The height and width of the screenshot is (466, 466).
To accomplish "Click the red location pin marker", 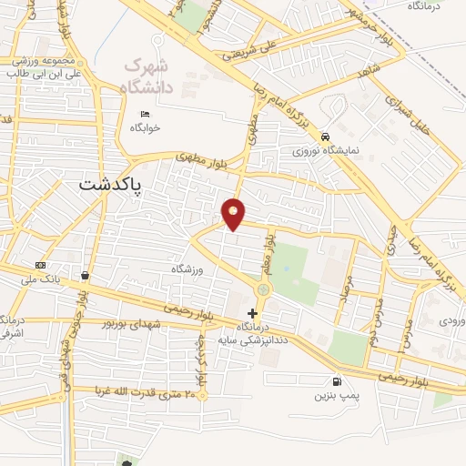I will point(234,214).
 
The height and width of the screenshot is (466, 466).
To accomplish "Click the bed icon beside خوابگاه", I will point(147,113).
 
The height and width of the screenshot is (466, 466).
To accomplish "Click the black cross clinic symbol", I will point(252,339).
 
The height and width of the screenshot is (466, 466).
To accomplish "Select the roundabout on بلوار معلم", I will point(263,289).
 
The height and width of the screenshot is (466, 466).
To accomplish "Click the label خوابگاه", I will point(144,127).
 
